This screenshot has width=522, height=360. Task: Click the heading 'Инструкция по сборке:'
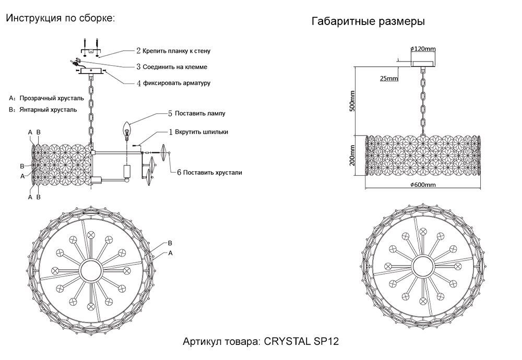click(60, 18)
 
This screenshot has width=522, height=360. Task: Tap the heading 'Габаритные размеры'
click(367, 22)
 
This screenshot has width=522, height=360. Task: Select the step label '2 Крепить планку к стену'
click(173, 51)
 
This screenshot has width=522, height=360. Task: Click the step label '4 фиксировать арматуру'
click(173, 83)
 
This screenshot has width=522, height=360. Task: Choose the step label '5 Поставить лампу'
click(196, 113)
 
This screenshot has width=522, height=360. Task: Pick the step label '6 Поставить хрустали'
click(209, 172)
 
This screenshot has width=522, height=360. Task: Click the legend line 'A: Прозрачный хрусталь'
click(46, 98)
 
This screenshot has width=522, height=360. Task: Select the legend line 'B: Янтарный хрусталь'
click(43, 110)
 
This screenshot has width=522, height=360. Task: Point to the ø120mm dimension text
click(423, 49)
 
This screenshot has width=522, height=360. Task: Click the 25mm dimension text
click(389, 78)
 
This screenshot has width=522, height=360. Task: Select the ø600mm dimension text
click(422, 185)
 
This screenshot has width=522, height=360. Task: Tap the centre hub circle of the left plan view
click(91, 270)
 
